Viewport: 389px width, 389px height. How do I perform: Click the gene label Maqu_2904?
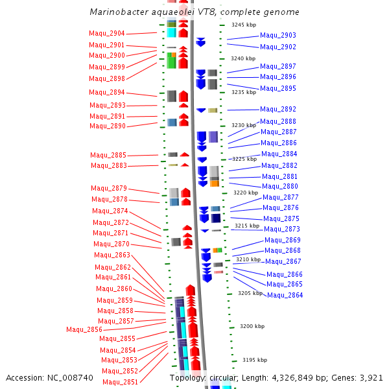pos(107,33)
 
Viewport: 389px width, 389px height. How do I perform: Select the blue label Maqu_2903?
pos(278,35)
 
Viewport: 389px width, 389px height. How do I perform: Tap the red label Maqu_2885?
pos(108,155)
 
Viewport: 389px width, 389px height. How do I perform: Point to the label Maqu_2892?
pos(278,109)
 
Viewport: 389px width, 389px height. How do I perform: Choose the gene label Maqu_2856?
pos(84,329)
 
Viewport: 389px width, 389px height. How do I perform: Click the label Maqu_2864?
pos(285,295)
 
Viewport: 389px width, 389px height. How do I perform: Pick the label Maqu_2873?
pos(282,229)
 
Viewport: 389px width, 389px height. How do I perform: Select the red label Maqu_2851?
pos(120,382)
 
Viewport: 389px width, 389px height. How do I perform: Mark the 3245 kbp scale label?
pos(244,25)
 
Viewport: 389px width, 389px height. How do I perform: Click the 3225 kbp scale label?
pos(244,159)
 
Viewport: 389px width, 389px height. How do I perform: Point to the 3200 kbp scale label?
pos(252,326)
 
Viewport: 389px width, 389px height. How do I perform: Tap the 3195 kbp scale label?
pos(255,359)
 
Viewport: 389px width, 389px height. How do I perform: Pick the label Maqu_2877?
pos(281,197)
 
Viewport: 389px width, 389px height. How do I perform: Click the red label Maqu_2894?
pos(107,92)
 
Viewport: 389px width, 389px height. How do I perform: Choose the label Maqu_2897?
pos(278,66)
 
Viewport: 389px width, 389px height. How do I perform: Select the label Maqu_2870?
pos(112,244)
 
